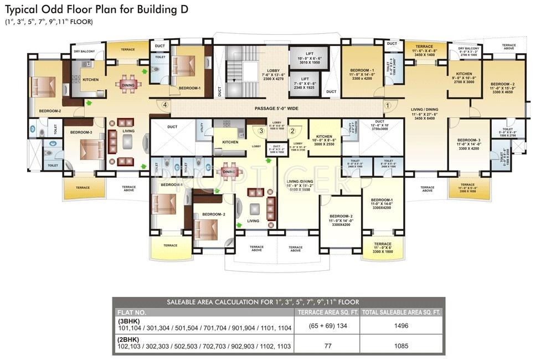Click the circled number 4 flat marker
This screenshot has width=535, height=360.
164,104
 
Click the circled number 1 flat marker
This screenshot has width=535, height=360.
388,104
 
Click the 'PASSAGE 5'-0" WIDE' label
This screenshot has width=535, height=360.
277,109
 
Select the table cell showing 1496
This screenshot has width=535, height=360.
401,326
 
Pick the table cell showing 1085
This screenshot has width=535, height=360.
401,346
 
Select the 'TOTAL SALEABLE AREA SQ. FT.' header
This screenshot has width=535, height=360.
401,312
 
